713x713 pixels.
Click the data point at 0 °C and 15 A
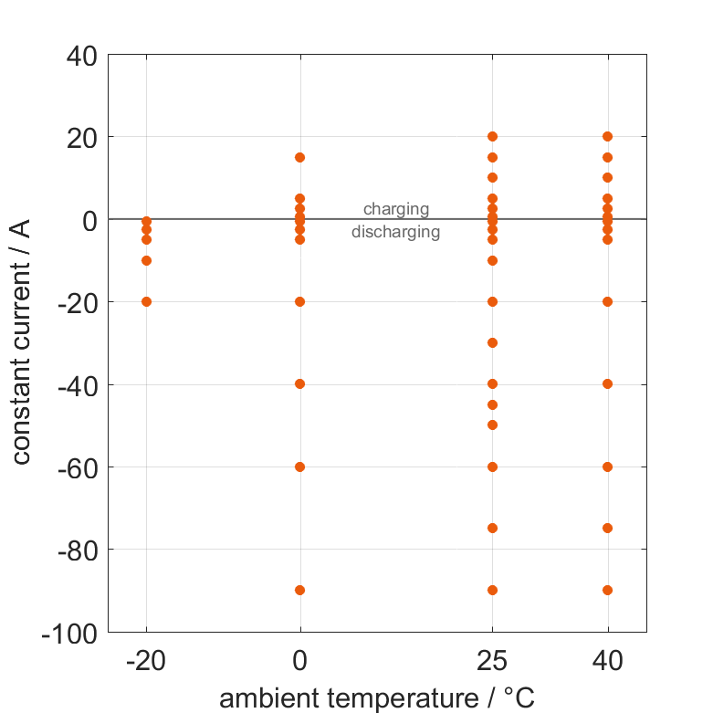(x=300, y=157)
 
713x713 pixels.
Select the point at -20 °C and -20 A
(x=146, y=301)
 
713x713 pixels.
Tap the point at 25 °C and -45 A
(x=492, y=404)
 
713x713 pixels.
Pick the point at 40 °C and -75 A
(x=607, y=528)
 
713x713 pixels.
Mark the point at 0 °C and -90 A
(x=300, y=590)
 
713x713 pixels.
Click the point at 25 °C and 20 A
(x=492, y=137)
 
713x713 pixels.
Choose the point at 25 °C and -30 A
(x=492, y=342)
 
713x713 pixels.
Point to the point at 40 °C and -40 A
(x=607, y=383)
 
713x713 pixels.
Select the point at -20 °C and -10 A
(x=146, y=260)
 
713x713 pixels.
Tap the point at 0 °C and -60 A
(x=300, y=467)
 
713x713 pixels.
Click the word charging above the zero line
(x=396, y=209)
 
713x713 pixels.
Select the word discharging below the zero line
(x=396, y=232)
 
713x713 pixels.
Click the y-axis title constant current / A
(x=22, y=342)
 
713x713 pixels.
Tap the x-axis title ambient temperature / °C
(x=377, y=698)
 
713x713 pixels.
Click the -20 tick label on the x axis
(x=146, y=661)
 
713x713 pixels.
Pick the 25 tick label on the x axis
(x=492, y=661)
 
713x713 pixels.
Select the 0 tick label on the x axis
(x=300, y=661)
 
